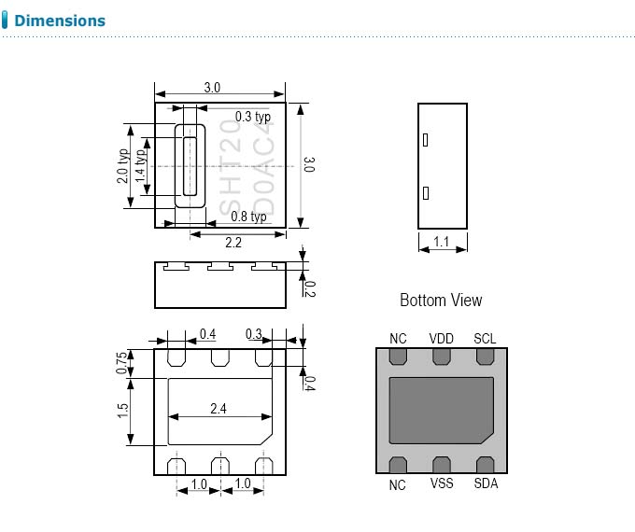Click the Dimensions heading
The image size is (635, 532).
tap(60, 21)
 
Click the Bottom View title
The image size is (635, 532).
tap(441, 300)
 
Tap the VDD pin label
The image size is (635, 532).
tap(441, 339)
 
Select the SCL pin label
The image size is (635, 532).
tap(485, 339)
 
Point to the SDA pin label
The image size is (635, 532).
tap(486, 483)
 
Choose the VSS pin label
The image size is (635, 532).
tap(442, 483)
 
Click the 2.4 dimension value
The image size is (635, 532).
tap(219, 409)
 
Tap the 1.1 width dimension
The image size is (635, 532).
tap(441, 242)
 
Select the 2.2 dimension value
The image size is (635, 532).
tap(233, 243)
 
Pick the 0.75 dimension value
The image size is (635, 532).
tap(121, 363)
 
